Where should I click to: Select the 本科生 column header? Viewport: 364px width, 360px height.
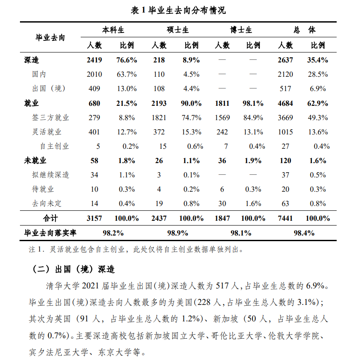pyautogui.click(x=113, y=30)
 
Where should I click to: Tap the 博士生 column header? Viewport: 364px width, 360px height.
pyautogui.click(x=241, y=30)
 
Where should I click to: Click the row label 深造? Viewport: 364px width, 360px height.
pyautogui.click(x=32, y=60)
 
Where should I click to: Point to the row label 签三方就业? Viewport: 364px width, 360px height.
pyautogui.click(x=50, y=118)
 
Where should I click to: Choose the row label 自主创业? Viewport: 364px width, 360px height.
pyautogui.click(x=55, y=146)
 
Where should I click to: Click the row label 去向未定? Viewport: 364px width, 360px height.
pyautogui.click(x=47, y=203)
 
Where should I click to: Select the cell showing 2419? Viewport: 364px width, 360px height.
pyautogui.click(x=94, y=60)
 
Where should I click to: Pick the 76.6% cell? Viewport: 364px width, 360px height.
pyautogui.click(x=127, y=60)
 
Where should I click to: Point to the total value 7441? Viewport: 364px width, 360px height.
pyautogui.click(x=285, y=218)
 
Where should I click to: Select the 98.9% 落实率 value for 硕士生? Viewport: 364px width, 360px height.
pyautogui.click(x=177, y=233)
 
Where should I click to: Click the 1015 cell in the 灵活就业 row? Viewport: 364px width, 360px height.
pyautogui.click(x=285, y=132)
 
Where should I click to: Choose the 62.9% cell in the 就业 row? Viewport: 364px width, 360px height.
pyautogui.click(x=318, y=103)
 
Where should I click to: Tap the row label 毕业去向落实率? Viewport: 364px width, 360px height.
pyautogui.click(x=50, y=233)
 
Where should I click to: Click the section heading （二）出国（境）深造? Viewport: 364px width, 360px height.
pyautogui.click(x=74, y=269)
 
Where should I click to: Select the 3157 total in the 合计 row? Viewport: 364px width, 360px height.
pyautogui.click(x=94, y=218)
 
